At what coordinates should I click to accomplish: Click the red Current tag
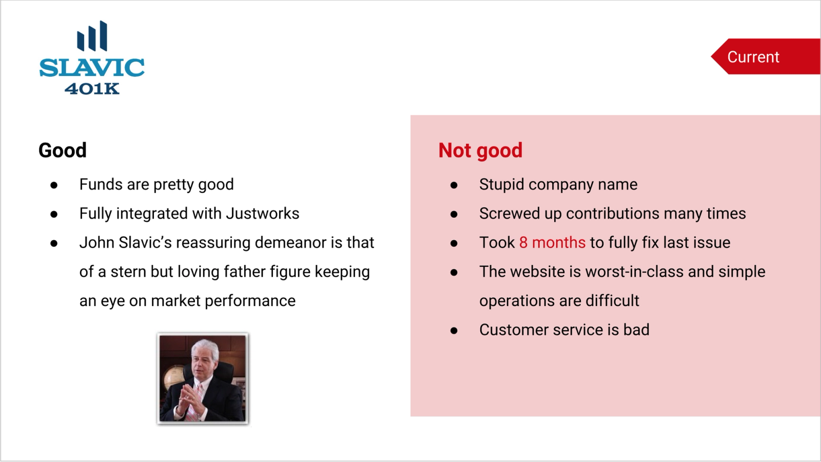766,56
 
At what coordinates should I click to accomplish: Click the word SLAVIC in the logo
92,67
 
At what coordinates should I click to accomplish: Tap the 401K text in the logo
92,89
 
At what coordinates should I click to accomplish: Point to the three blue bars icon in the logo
92,36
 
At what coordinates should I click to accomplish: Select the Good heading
63,150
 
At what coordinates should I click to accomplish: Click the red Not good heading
480,151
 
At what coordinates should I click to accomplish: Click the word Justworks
262,214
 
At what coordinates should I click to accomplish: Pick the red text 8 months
552,243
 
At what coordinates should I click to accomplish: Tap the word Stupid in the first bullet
502,185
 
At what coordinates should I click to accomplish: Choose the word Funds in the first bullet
101,184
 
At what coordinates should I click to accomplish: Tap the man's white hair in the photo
206,349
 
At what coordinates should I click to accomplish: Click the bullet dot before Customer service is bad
454,331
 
